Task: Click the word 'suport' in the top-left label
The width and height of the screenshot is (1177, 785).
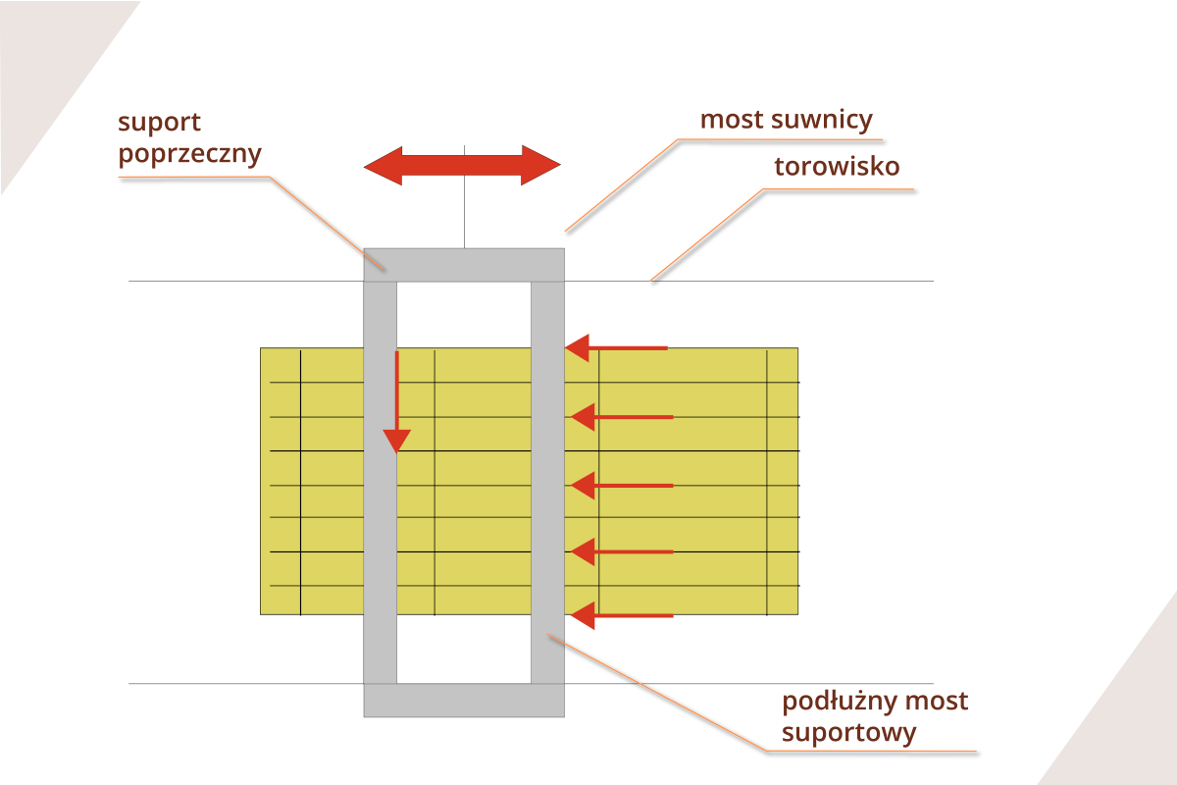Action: (x=159, y=124)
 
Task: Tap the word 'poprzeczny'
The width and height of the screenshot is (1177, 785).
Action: (x=189, y=155)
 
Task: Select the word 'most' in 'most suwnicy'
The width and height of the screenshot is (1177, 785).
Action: (x=731, y=121)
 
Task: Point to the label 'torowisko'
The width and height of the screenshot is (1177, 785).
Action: (x=837, y=167)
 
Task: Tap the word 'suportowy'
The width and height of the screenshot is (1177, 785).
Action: (x=849, y=733)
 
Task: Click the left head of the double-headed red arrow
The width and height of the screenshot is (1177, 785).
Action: (x=384, y=165)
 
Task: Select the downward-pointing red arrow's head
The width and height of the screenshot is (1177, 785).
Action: (x=396, y=440)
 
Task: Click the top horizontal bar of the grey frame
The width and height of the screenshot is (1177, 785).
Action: (x=464, y=265)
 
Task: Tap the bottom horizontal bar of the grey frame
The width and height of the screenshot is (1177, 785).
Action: (x=464, y=701)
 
